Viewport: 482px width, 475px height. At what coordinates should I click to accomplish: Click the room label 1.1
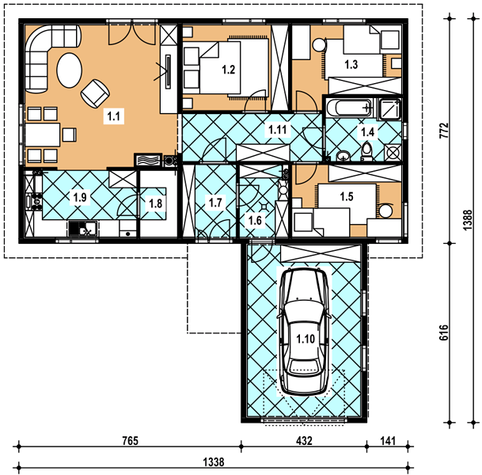(113, 116)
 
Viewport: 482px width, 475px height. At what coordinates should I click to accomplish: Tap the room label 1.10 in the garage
(306, 339)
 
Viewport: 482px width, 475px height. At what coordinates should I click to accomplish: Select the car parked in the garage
(304, 332)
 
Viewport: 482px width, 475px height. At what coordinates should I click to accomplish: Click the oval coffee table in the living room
(70, 70)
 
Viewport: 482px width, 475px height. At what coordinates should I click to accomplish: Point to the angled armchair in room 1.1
(95, 93)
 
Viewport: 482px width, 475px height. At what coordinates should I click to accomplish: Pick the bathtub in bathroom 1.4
(350, 108)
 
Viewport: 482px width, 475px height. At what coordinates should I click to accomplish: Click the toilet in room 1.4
(367, 153)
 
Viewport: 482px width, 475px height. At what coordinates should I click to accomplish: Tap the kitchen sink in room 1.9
(83, 229)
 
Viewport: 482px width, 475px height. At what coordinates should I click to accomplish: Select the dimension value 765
(130, 441)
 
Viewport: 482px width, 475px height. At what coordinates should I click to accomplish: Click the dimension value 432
(304, 441)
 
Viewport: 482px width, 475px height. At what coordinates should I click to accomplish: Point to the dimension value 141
(388, 441)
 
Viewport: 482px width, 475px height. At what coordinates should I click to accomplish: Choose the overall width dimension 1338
(214, 462)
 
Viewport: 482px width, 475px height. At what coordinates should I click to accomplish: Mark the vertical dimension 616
(443, 332)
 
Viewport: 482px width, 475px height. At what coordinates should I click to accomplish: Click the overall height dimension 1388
(467, 220)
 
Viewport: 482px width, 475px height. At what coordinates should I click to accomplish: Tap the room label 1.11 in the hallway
(278, 130)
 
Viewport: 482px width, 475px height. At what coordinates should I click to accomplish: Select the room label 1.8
(156, 203)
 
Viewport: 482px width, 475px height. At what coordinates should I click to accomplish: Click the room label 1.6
(255, 220)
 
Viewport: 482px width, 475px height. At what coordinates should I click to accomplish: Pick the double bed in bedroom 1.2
(234, 67)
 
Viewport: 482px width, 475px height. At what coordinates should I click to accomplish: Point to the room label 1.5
(347, 196)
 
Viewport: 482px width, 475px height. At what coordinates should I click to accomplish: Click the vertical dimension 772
(443, 131)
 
